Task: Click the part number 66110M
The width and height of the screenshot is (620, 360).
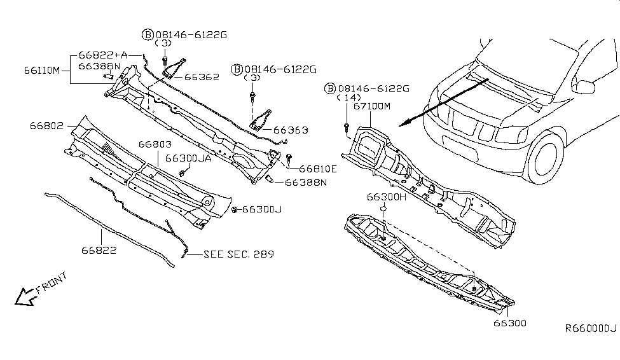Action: [43, 71]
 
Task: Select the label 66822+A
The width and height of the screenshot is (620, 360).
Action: [102, 55]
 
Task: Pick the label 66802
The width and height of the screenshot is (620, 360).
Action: [46, 126]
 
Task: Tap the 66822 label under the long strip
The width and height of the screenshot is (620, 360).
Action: [99, 250]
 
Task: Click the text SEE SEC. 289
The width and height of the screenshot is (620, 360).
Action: [238, 254]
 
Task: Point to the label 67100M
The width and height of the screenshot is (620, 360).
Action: [372, 106]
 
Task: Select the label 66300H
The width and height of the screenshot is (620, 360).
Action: [386, 197]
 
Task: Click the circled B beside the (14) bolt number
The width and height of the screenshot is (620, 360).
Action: [330, 88]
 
